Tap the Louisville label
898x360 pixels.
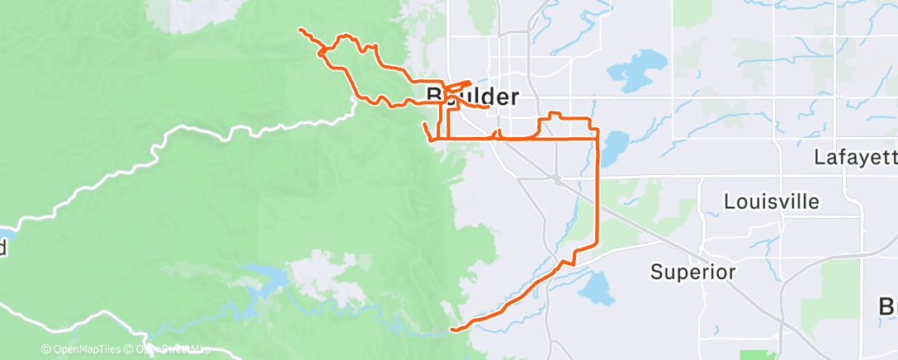click(772, 201)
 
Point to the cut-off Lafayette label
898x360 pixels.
click(855, 157)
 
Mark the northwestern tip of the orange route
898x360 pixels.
click(300, 30)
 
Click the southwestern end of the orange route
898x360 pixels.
click(452, 330)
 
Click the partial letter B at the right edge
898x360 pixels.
click(888, 306)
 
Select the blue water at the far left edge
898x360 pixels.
click(7, 230)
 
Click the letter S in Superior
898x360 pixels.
click(657, 272)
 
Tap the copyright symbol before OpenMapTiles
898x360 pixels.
click(46, 349)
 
